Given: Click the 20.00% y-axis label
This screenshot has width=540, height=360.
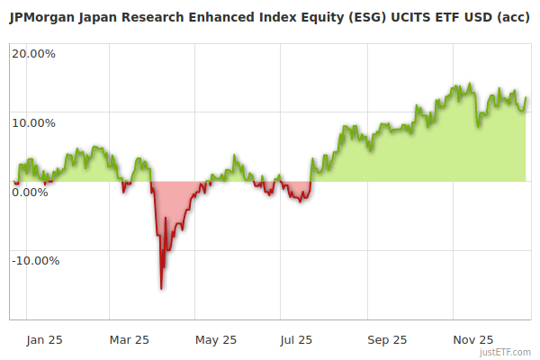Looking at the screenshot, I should [33, 53].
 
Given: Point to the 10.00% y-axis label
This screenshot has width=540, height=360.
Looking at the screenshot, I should [33, 122].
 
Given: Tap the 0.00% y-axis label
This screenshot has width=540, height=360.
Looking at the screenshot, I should [30, 192].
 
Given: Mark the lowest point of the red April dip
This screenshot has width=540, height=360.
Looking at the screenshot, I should [161, 289].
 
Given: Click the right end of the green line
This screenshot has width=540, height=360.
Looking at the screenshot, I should [526, 98].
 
